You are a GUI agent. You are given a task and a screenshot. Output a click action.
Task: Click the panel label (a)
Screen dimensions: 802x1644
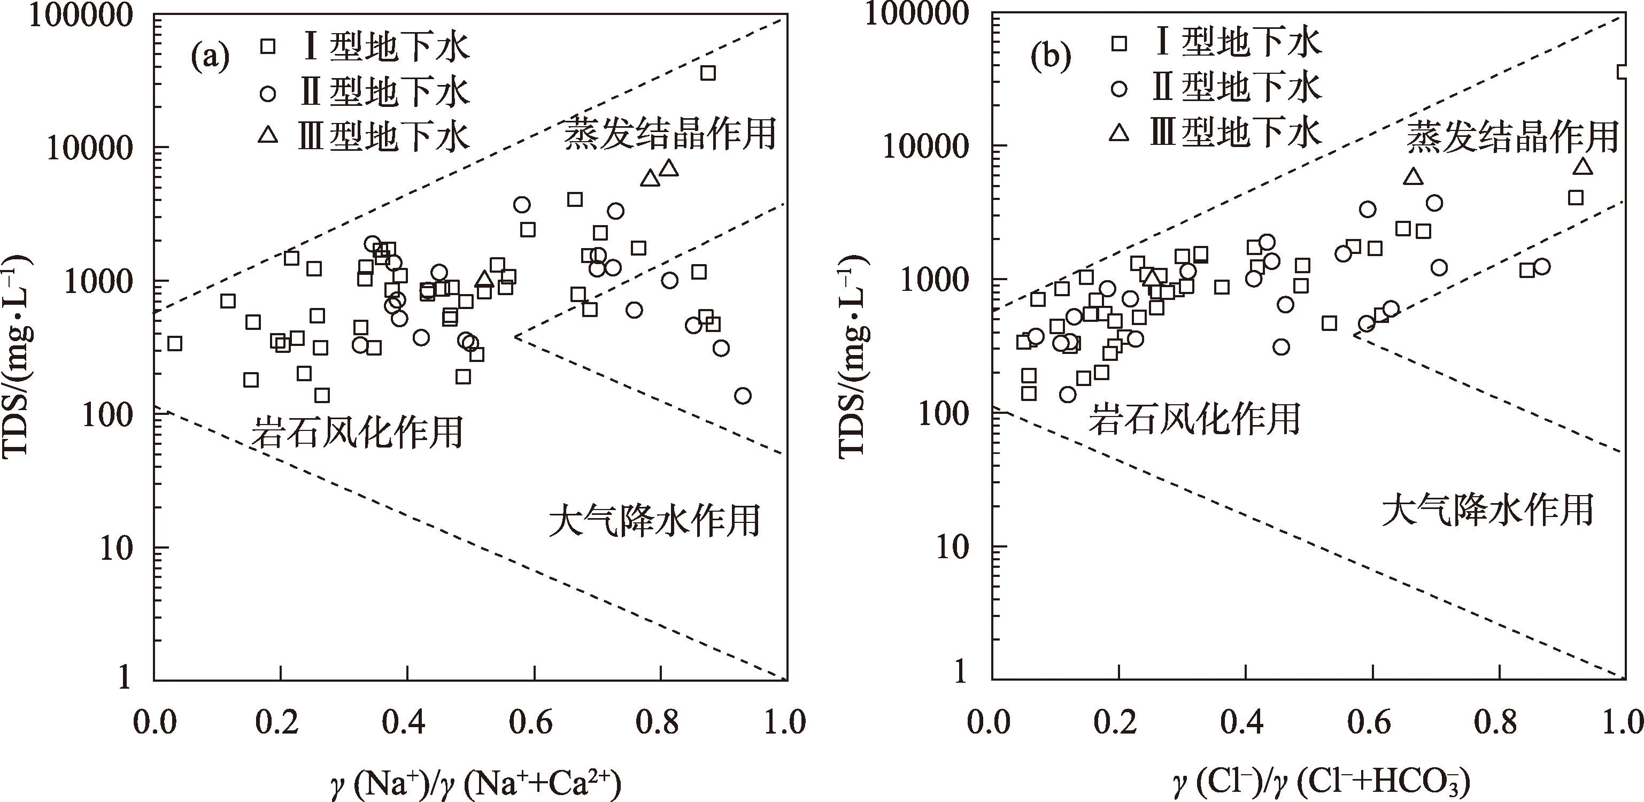[211, 58]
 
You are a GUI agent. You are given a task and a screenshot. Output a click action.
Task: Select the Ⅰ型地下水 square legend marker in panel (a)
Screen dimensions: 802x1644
[268, 46]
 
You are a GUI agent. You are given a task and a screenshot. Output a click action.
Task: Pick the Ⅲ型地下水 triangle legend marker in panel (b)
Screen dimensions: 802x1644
[1120, 133]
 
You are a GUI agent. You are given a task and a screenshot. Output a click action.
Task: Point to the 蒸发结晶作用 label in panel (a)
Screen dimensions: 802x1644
[669, 134]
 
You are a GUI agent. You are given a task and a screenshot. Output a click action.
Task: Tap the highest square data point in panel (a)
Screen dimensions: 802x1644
[708, 73]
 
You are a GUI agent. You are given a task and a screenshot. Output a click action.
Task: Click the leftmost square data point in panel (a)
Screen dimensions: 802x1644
[174, 344]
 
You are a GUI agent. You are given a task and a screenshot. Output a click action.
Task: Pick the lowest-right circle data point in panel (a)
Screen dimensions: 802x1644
[742, 396]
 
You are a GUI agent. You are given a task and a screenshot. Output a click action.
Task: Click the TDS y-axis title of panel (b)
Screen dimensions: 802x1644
[853, 354]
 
